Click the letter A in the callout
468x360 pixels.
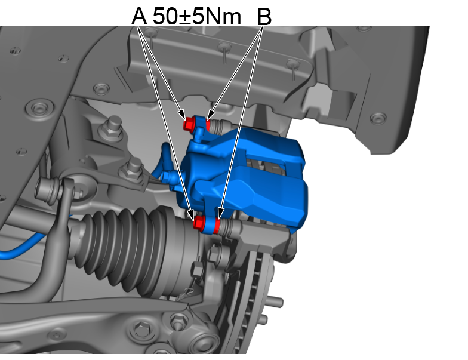coord(138,16)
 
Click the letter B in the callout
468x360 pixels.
coord(264,16)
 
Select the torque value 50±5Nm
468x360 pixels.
coord(197,16)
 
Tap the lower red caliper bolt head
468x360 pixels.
coord(200,223)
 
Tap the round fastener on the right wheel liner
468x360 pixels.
coord(377,118)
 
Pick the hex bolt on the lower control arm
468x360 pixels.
coord(141,328)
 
